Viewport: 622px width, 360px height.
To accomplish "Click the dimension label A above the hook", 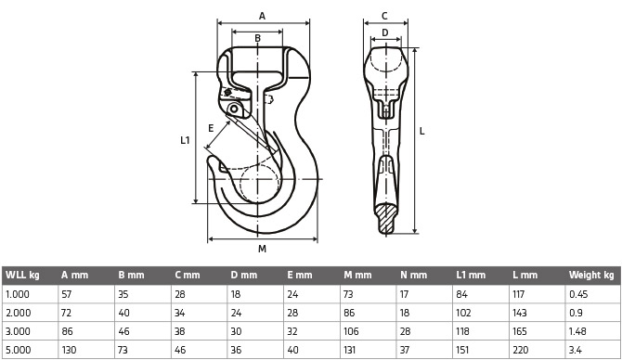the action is pyautogui.click(x=262, y=17).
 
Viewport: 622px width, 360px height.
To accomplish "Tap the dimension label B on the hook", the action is pyautogui.click(x=257, y=38).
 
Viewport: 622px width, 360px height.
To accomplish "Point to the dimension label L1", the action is pyautogui.click(x=185, y=140).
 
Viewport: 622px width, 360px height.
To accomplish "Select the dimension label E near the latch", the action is pyautogui.click(x=211, y=128).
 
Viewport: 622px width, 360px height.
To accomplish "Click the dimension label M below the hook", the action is pyautogui.click(x=262, y=249).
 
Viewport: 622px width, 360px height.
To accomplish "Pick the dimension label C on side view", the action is pyautogui.click(x=384, y=17).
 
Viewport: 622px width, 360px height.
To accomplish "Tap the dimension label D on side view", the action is pyautogui.click(x=384, y=32).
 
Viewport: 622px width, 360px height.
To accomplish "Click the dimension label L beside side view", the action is pyautogui.click(x=422, y=131).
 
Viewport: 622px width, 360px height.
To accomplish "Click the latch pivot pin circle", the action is pyautogui.click(x=234, y=109).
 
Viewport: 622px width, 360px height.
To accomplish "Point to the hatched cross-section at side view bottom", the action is pyautogui.click(x=386, y=218).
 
